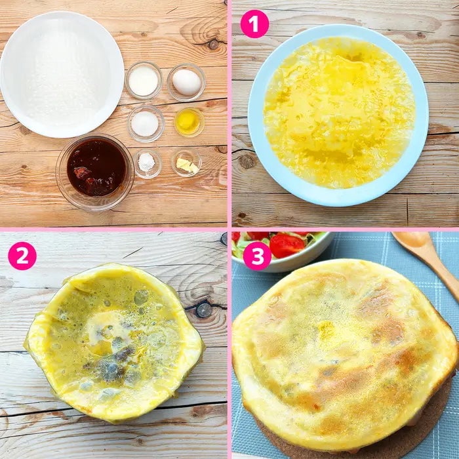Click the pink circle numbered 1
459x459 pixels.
pos(254,24)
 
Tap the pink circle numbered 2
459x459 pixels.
pos(22,256)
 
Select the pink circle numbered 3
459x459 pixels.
pos(257,256)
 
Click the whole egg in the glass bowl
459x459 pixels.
pos(186,82)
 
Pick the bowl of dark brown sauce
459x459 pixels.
pos(95,172)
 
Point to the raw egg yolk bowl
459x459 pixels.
pos(189,123)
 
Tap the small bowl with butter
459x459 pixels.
pos(186,163)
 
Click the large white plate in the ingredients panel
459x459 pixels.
pos(62,75)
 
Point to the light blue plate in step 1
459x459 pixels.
pos(338,115)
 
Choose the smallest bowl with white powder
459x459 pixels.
pos(148,164)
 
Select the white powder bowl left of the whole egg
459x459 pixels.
pos(144,81)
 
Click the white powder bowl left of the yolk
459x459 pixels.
pos(146,124)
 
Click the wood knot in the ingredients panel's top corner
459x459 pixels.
pos(213,44)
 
